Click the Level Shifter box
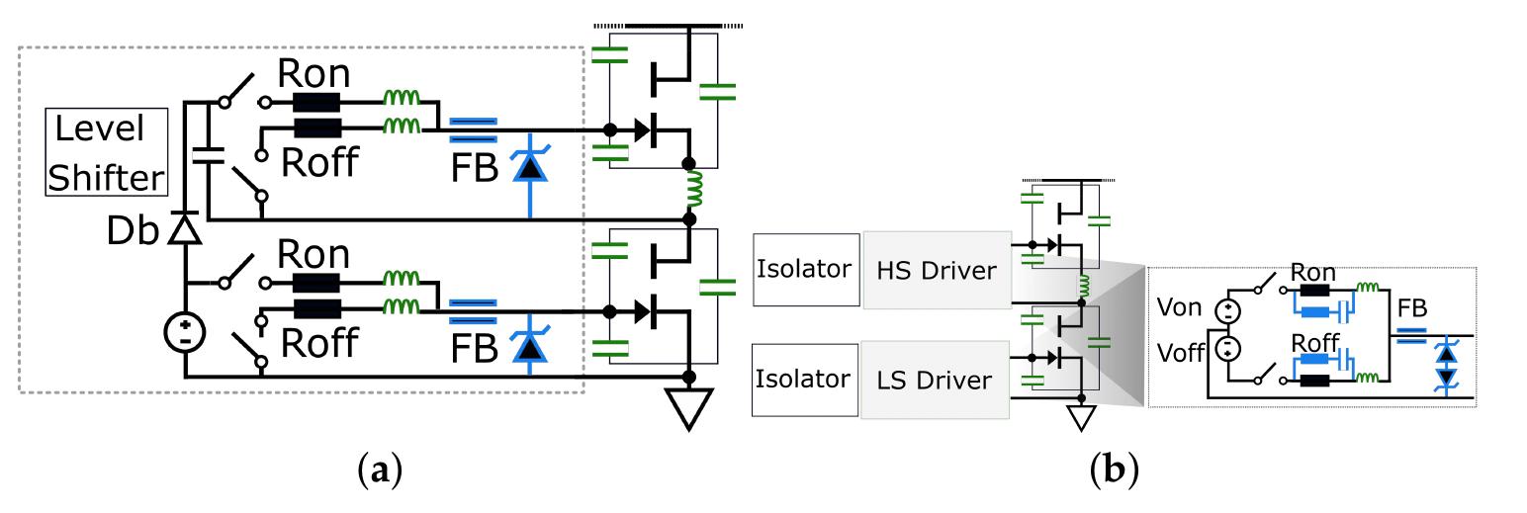[106, 152]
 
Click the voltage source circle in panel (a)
[185, 330]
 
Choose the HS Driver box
[937, 270]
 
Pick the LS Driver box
[935, 381]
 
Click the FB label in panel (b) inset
[1411, 307]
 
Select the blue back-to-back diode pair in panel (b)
[1448, 365]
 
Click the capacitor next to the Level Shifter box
[207, 154]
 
